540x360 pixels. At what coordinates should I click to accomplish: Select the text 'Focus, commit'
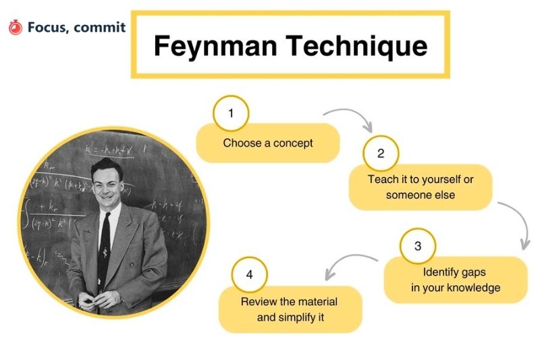pyautogui.click(x=76, y=28)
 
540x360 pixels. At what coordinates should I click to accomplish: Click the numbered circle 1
pyautogui.click(x=231, y=113)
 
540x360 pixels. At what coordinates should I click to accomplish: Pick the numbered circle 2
pyautogui.click(x=381, y=153)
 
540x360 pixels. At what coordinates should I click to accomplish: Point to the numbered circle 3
pyautogui.click(x=418, y=246)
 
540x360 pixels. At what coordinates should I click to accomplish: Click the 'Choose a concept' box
pyautogui.click(x=268, y=143)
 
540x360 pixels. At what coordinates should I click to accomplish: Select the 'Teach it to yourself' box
pyautogui.click(x=421, y=187)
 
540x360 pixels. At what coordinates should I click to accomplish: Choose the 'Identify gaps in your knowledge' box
pyautogui.click(x=456, y=280)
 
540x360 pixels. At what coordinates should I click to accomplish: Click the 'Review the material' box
pyautogui.click(x=290, y=309)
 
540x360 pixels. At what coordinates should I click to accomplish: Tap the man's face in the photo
pyautogui.click(x=107, y=184)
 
